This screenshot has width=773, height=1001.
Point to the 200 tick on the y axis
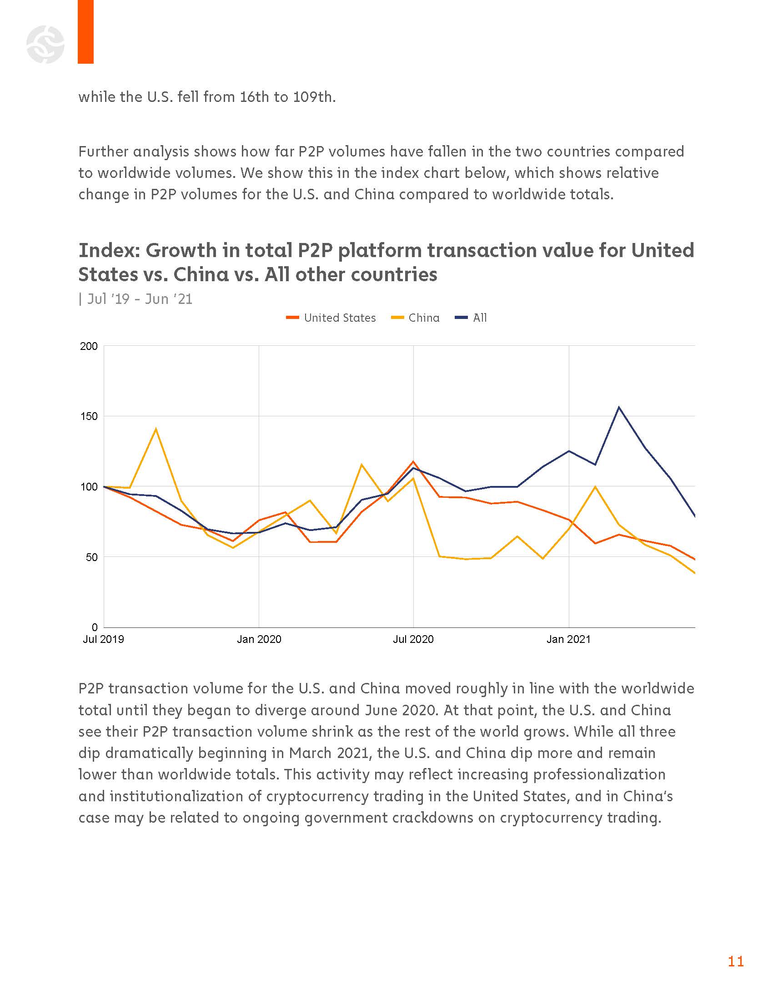[89, 346]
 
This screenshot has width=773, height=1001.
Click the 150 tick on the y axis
[89, 416]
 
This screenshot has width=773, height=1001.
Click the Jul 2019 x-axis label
[104, 639]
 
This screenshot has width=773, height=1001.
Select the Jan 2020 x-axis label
[259, 639]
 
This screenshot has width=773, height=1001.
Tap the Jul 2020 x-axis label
[413, 639]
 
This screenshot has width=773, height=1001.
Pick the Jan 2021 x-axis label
[568, 639]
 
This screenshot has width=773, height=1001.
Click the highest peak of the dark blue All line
[619, 407]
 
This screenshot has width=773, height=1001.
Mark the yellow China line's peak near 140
[156, 429]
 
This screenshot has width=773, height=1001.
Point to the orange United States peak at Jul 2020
[413, 461]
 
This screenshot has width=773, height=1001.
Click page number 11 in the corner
[735, 961]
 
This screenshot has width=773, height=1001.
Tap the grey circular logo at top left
[45, 45]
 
